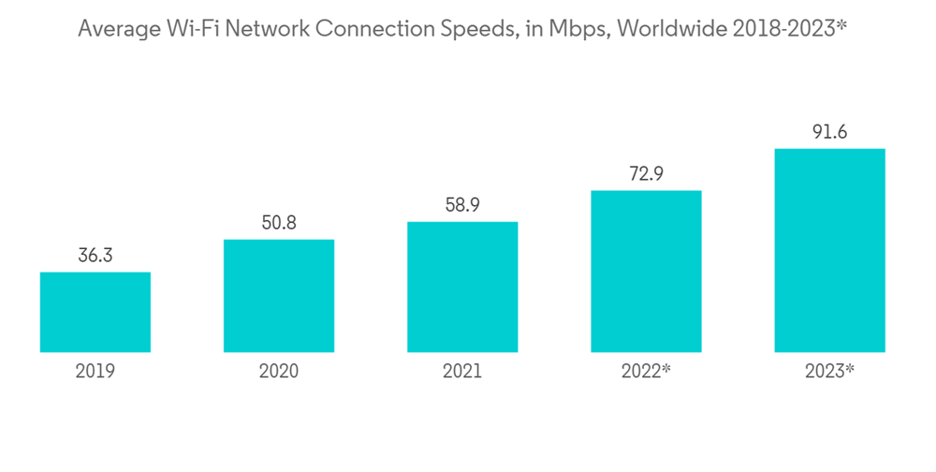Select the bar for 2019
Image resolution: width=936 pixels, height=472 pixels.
95,312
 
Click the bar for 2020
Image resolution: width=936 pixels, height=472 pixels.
279,296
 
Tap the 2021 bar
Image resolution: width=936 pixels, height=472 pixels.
462,287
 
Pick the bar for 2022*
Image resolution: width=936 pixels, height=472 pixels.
646,272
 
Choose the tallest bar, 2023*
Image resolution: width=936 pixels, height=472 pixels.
829,250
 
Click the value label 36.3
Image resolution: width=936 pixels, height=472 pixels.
95,255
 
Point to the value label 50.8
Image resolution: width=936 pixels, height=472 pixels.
279,222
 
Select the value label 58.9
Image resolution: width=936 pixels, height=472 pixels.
462,204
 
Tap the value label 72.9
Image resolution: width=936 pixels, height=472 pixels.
646,173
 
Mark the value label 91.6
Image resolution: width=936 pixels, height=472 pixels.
829,131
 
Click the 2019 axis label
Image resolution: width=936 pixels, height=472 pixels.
95,372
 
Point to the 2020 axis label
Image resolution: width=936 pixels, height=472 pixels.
279,372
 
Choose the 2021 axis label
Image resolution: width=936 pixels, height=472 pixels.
462,372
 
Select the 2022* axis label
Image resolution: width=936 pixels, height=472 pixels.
646,372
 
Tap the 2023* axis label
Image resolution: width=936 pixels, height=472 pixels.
829,372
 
